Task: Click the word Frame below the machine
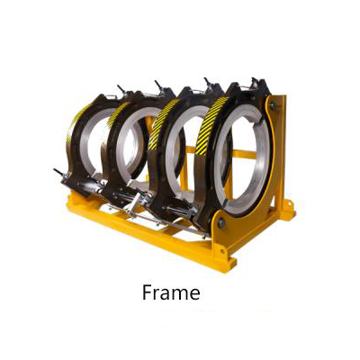(171, 292)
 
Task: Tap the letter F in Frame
(148, 292)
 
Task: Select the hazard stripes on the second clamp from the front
(164, 123)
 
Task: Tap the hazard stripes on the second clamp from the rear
(119, 114)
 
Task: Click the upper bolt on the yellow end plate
(273, 105)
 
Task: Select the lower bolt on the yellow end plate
(221, 223)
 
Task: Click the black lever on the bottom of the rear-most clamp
(58, 172)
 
